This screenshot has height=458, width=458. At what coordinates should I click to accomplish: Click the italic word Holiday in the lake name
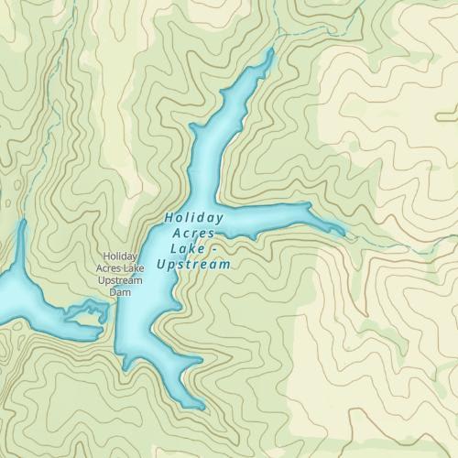[x=194, y=218]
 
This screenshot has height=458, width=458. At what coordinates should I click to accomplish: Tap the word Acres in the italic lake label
[x=193, y=234]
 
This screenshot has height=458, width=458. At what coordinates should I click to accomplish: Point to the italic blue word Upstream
[x=192, y=265]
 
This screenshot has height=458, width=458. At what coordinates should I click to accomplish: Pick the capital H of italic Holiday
[x=169, y=218]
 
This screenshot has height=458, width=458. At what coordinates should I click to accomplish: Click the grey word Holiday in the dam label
[x=121, y=256]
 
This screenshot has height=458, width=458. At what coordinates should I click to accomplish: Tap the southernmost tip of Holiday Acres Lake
[x=201, y=407]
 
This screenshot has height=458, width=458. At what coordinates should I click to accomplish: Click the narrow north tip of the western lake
[x=21, y=224]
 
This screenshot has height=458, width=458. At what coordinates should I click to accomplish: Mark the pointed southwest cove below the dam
[x=125, y=367]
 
